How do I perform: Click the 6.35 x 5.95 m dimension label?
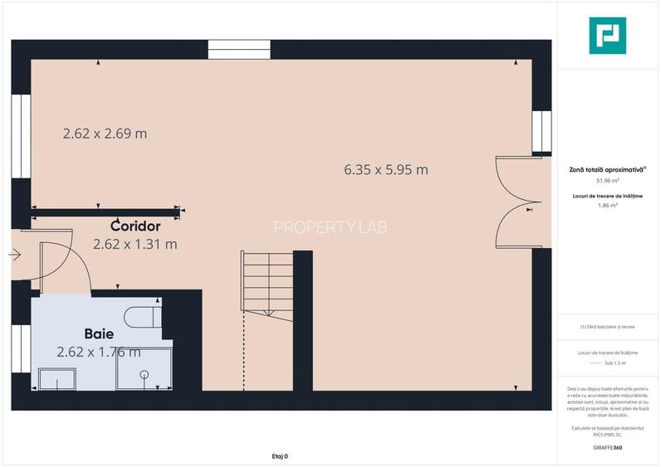pyautogui.click(x=386, y=170)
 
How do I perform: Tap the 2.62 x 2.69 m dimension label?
pyautogui.click(x=105, y=133)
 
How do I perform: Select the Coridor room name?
pyautogui.click(x=135, y=226)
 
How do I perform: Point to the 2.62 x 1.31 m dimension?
pyautogui.click(x=135, y=244)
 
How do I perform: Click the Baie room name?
pyautogui.click(x=100, y=333)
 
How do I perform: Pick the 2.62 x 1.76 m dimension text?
pyautogui.click(x=99, y=352)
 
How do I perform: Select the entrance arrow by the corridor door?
pyautogui.click(x=15, y=255)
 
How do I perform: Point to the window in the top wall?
pyautogui.click(x=239, y=49)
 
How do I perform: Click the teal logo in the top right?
pyautogui.click(x=607, y=36)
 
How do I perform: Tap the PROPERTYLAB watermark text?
pyautogui.click(x=330, y=226)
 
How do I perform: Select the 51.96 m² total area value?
pyautogui.click(x=607, y=180)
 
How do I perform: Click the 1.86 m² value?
pyautogui.click(x=607, y=206)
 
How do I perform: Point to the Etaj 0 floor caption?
pyautogui.click(x=280, y=456)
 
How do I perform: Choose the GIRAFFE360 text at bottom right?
pyautogui.click(x=607, y=448)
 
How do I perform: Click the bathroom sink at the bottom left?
pyautogui.click(x=57, y=379)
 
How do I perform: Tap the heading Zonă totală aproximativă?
pyautogui.click(x=607, y=168)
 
